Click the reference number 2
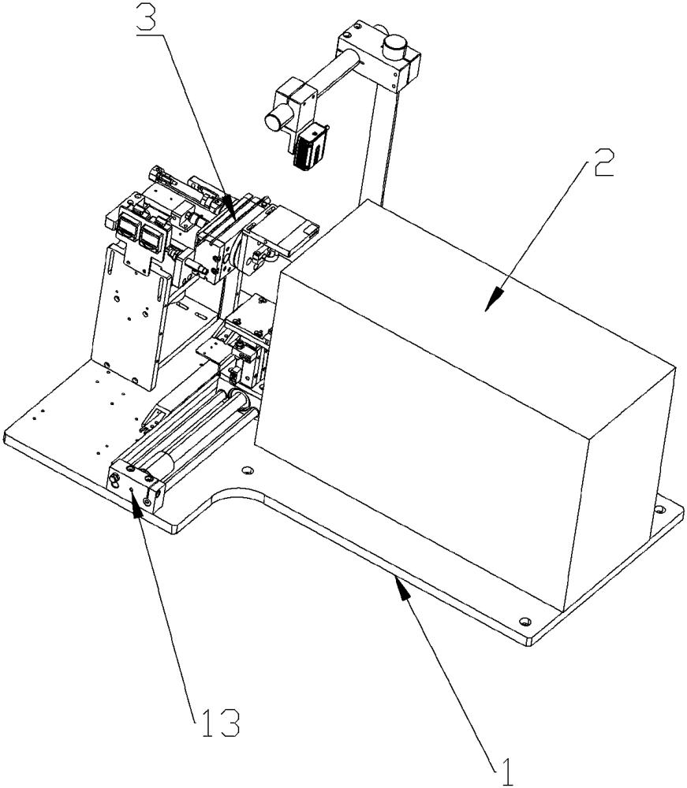pyautogui.click(x=603, y=169)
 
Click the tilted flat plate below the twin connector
pyautogui.click(x=126, y=315)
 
